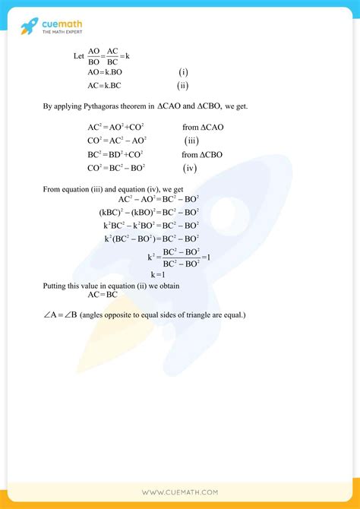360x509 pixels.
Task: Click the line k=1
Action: [x=158, y=274]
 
